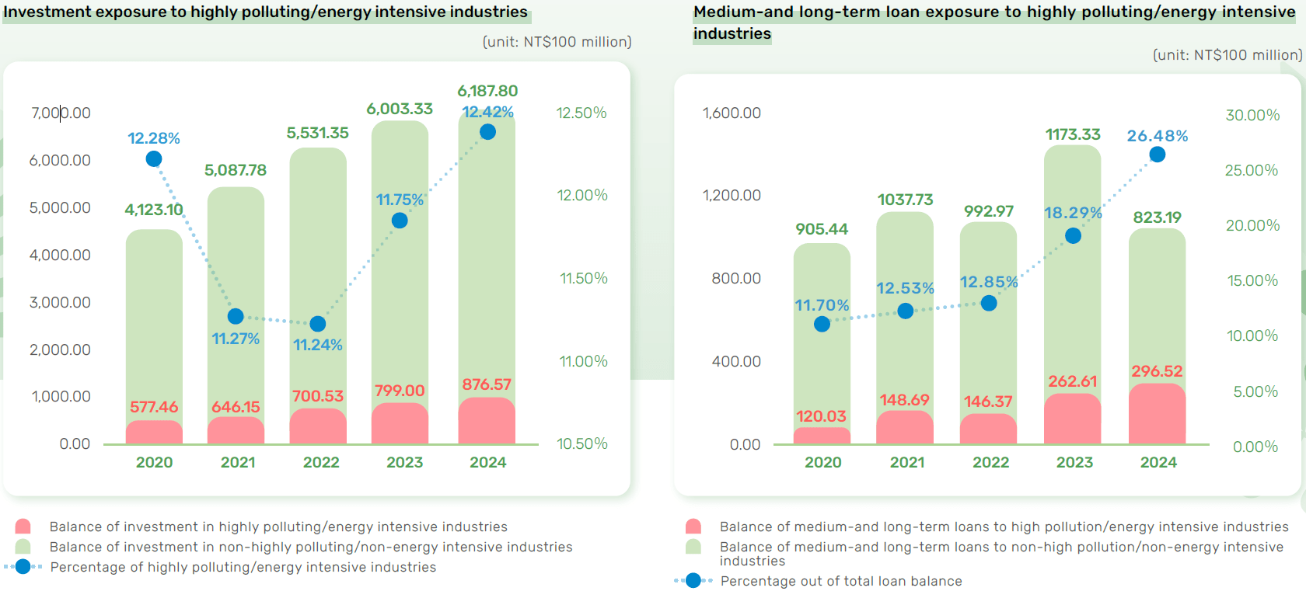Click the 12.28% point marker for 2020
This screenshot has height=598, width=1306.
coord(154,159)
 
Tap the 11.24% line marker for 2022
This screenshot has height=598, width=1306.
coord(318,324)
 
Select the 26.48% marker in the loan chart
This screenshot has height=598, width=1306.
coord(1158,155)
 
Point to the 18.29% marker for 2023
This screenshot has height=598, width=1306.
coord(1074,235)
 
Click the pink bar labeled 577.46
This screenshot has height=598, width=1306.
coord(154,433)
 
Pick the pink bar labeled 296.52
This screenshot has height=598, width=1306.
coord(1158,414)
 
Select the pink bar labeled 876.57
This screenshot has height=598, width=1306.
coord(487,421)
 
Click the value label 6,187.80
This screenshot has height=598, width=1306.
coord(487,91)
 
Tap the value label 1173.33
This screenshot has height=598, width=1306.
coord(1073,134)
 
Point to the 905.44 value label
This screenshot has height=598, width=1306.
coord(822,229)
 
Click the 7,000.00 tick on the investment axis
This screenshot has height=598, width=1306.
coord(61,113)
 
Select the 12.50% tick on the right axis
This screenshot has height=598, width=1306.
coord(581,113)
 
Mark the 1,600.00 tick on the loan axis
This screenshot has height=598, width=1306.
coord(732,113)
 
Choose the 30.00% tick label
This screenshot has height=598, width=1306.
coord(1252,115)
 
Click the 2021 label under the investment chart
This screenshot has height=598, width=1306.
coord(238,463)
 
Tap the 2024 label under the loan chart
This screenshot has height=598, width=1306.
coord(1158,463)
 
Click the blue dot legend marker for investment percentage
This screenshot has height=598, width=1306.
coord(23,567)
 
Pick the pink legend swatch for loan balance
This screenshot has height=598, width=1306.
coord(693,527)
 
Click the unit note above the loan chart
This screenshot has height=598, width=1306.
coord(1227,55)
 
